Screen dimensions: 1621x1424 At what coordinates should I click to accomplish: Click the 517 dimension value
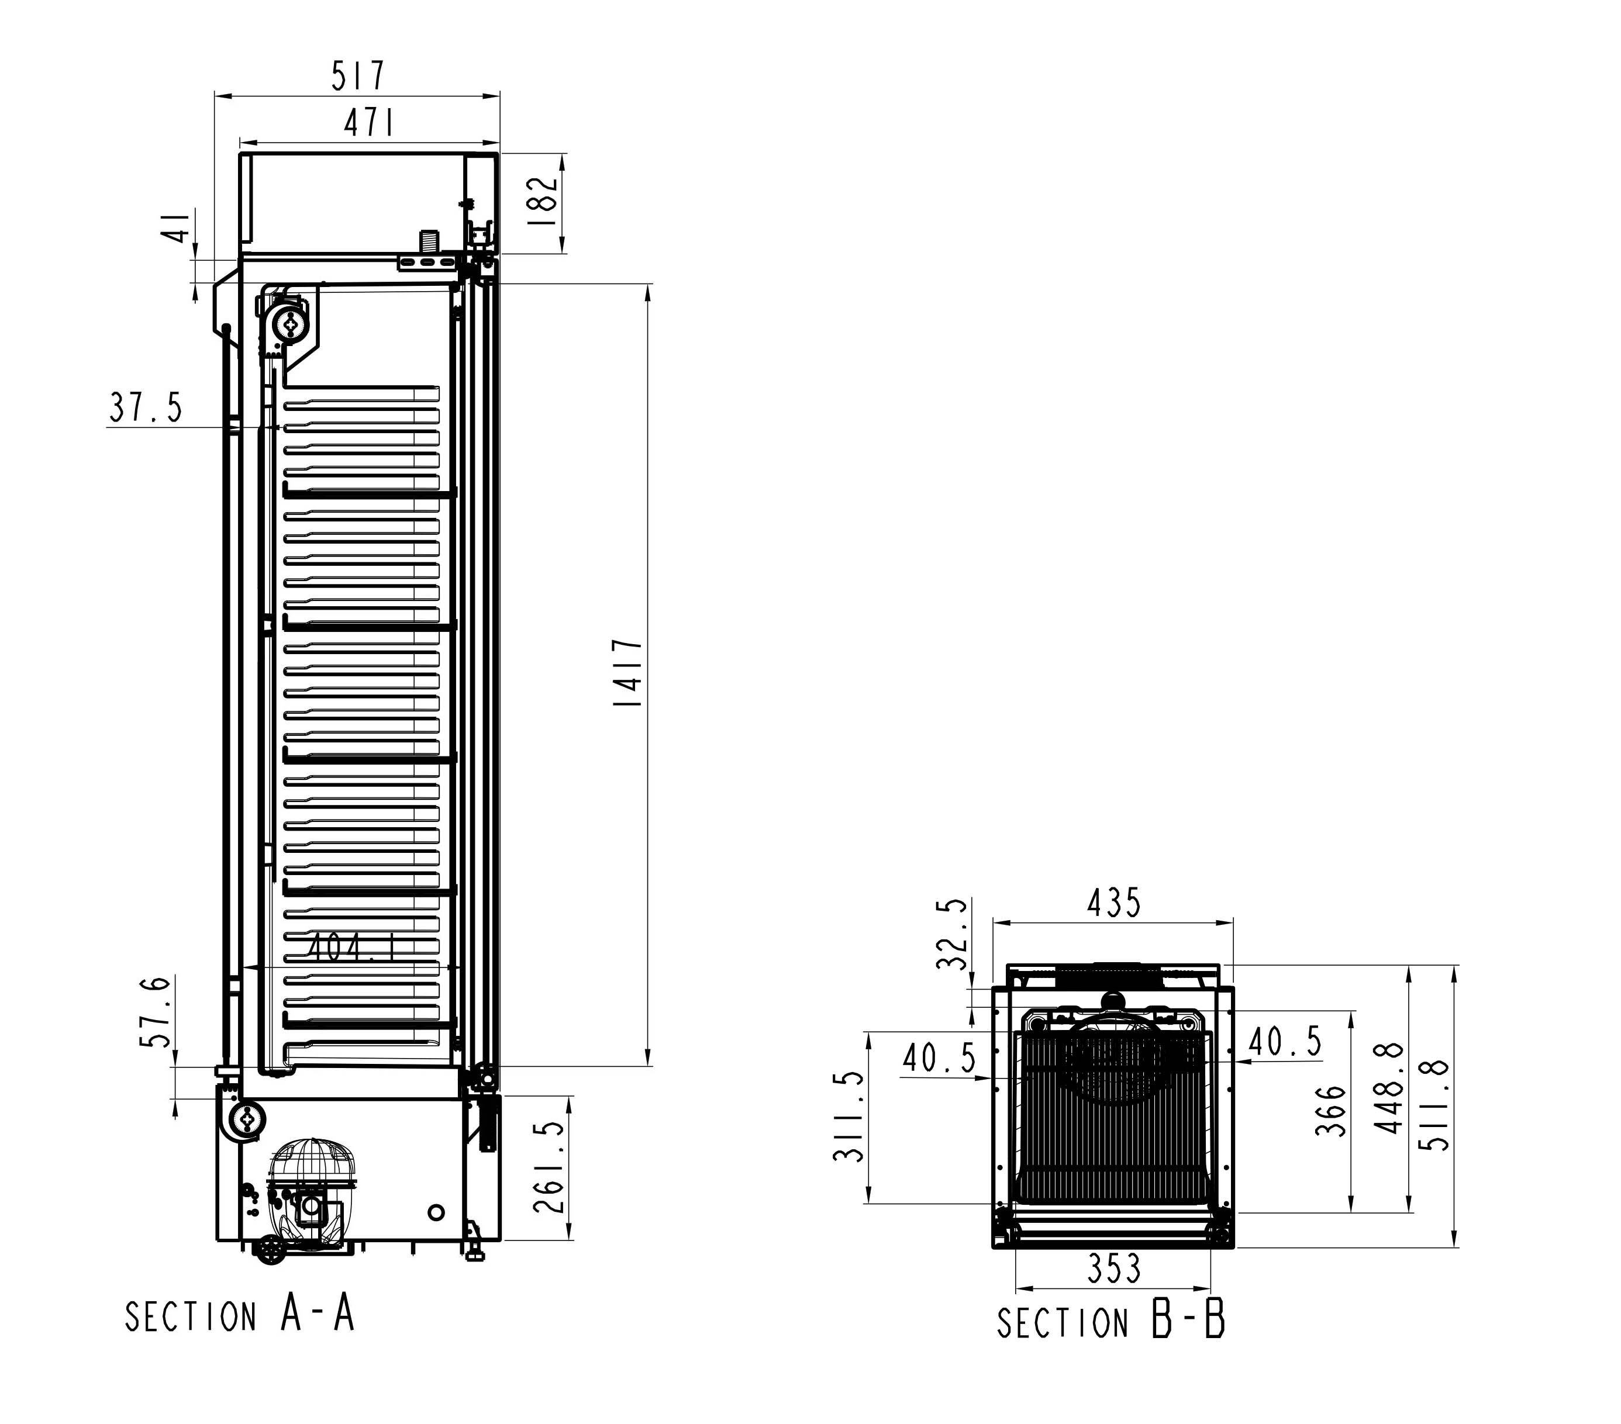(358, 75)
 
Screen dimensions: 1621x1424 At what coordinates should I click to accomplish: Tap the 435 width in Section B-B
(1113, 903)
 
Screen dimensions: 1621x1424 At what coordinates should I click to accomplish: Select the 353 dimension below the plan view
(1113, 1291)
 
